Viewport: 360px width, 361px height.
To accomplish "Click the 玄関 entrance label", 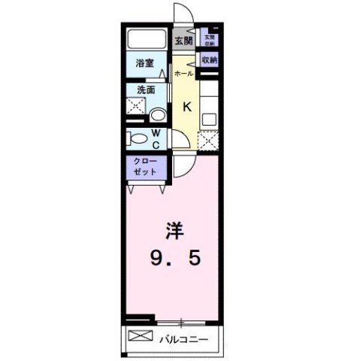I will [x=182, y=41].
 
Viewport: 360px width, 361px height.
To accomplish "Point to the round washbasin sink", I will [x=158, y=115].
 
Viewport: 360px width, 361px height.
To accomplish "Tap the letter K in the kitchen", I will [x=187, y=106].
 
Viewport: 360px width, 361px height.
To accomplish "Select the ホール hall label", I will [x=183, y=74].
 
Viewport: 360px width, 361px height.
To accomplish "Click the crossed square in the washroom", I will [x=136, y=111].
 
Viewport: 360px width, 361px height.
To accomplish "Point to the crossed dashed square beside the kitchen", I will [x=207, y=139].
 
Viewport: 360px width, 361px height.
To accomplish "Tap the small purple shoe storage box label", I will [x=208, y=40].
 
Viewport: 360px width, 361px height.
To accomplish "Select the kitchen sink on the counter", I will [x=208, y=117].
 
